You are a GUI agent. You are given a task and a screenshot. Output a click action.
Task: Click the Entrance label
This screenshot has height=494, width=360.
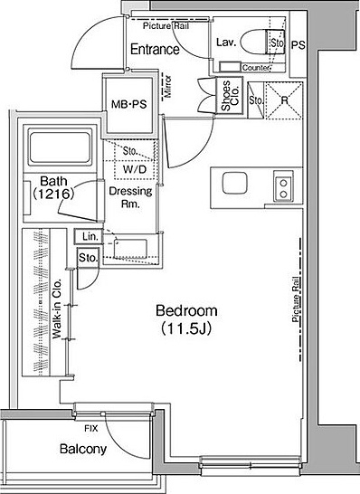pyautogui.click(x=155, y=50)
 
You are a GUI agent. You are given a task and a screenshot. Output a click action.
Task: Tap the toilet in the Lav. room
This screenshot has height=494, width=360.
pyautogui.click(x=262, y=43)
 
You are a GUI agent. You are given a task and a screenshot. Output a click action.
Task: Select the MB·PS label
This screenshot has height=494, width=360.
pyautogui.click(x=129, y=104)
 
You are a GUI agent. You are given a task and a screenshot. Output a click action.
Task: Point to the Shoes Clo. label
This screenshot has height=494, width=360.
pyautogui.click(x=231, y=96)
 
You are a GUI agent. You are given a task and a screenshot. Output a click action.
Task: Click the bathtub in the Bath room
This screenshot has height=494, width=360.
pyautogui.click(x=60, y=147)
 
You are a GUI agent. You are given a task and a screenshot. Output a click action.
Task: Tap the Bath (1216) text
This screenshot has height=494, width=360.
pyautogui.click(x=54, y=187)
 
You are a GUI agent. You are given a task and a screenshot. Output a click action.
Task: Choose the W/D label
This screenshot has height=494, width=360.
pyautogui.click(x=135, y=169)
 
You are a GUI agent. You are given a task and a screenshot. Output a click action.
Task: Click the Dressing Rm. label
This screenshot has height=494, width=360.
pyautogui.click(x=130, y=197)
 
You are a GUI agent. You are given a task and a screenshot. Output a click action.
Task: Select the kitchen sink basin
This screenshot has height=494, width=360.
pyautogui.click(x=234, y=183)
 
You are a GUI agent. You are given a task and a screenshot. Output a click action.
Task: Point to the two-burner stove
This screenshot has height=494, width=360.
pyautogui.click(x=283, y=188)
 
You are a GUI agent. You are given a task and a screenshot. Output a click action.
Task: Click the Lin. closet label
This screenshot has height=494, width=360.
pyautogui.click(x=90, y=236)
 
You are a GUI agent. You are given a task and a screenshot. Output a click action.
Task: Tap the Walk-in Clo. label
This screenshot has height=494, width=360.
pyautogui.click(x=57, y=309)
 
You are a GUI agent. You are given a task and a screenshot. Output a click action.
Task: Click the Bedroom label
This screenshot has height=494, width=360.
pyautogui.click(x=186, y=310)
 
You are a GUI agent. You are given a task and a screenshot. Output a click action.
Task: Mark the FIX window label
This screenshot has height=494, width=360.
pyautogui.click(x=91, y=429)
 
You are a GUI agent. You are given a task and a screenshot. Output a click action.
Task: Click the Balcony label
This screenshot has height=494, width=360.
pyautogui.click(x=83, y=449)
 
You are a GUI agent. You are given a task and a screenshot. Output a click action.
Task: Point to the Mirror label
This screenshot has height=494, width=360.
pyautogui.click(x=168, y=86)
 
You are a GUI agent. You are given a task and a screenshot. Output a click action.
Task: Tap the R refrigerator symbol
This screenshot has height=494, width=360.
pyautogui.click(x=284, y=100)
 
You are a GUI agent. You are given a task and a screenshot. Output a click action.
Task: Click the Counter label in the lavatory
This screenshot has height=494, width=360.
pyautogui.click(x=256, y=68)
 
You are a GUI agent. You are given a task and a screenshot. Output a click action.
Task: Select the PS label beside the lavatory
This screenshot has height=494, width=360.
pyautogui.click(x=298, y=45)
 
